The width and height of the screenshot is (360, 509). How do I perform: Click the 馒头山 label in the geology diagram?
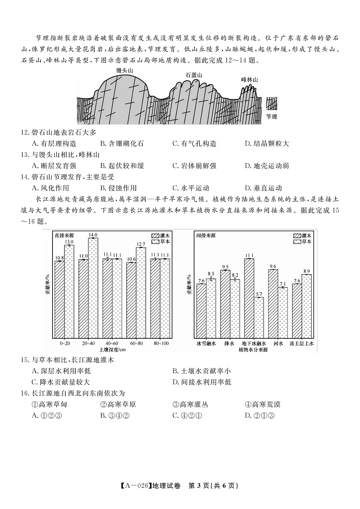[124, 70]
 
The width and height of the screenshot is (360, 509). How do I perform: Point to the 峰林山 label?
[250, 80]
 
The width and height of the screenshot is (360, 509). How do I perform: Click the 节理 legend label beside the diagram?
[271, 117]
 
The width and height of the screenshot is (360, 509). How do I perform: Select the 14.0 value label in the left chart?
[93, 234]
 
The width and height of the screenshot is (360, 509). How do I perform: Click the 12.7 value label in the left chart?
[141, 244]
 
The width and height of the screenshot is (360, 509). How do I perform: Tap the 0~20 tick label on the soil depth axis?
[65, 343]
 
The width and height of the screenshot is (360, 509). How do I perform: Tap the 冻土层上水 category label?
[302, 344]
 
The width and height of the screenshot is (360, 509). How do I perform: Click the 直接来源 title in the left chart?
[65, 235]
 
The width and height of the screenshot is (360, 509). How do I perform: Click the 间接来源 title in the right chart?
[206, 235]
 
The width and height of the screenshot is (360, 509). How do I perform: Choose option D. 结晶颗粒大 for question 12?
[266, 144]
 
